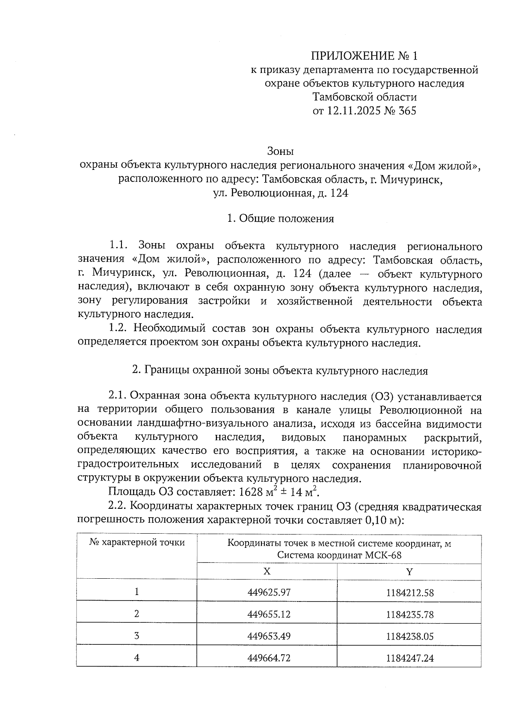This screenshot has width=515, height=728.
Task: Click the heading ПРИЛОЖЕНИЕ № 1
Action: coord(364,56)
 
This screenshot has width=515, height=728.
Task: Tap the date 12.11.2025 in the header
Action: coord(353,111)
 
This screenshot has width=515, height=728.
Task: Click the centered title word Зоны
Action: coord(280,151)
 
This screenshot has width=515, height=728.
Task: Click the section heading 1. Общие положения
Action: coord(280,219)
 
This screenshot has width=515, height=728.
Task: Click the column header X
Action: coord(267,571)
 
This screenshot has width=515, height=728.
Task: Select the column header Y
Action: coord(409,571)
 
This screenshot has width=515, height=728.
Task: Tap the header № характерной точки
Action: coord(137,543)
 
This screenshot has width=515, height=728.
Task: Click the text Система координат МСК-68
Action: coord(339,555)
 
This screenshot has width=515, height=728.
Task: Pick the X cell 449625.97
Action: coord(269,592)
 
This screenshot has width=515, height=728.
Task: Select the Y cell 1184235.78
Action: coord(410,615)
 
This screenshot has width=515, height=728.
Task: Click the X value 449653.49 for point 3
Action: coord(269,636)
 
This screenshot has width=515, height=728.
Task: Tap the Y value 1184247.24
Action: coord(410,658)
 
